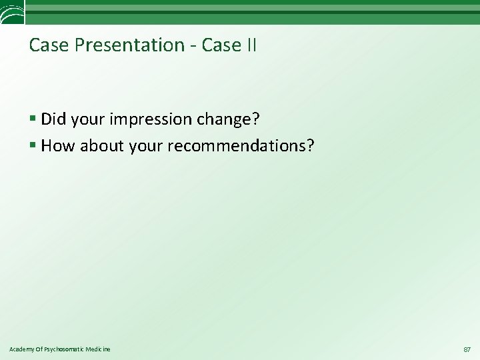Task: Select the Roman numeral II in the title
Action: (x=250, y=45)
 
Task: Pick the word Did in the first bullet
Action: (x=53, y=119)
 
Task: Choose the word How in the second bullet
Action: (x=57, y=145)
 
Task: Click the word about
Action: (x=101, y=145)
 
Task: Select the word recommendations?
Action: (x=241, y=145)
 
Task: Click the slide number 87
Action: (x=467, y=349)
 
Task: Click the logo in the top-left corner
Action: (x=12, y=11)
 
